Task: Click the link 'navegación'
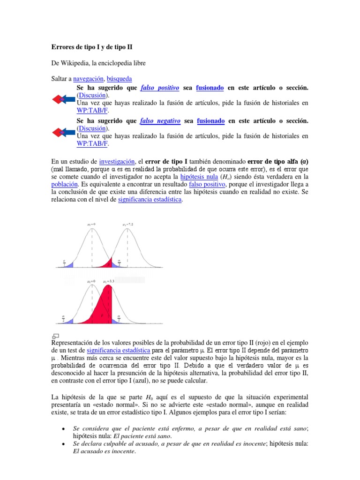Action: [88, 79]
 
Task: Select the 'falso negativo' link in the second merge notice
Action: [160, 121]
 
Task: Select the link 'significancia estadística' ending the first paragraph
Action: [150, 199]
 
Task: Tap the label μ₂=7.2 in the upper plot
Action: [127, 225]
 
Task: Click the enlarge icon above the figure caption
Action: [56, 336]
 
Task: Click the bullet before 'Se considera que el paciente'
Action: [63, 428]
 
